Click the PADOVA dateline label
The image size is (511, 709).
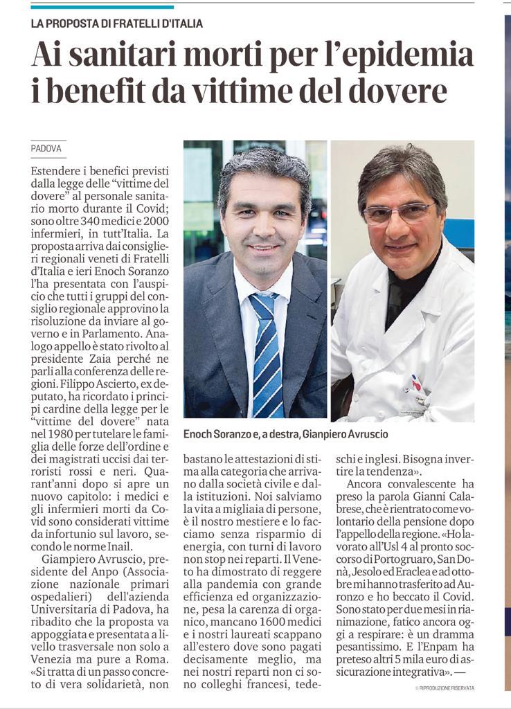(46, 149)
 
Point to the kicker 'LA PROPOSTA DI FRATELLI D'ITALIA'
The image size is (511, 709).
(117, 24)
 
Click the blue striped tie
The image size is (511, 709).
(267, 353)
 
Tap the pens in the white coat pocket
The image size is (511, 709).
(416, 384)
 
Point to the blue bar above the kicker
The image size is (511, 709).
(102, 7)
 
